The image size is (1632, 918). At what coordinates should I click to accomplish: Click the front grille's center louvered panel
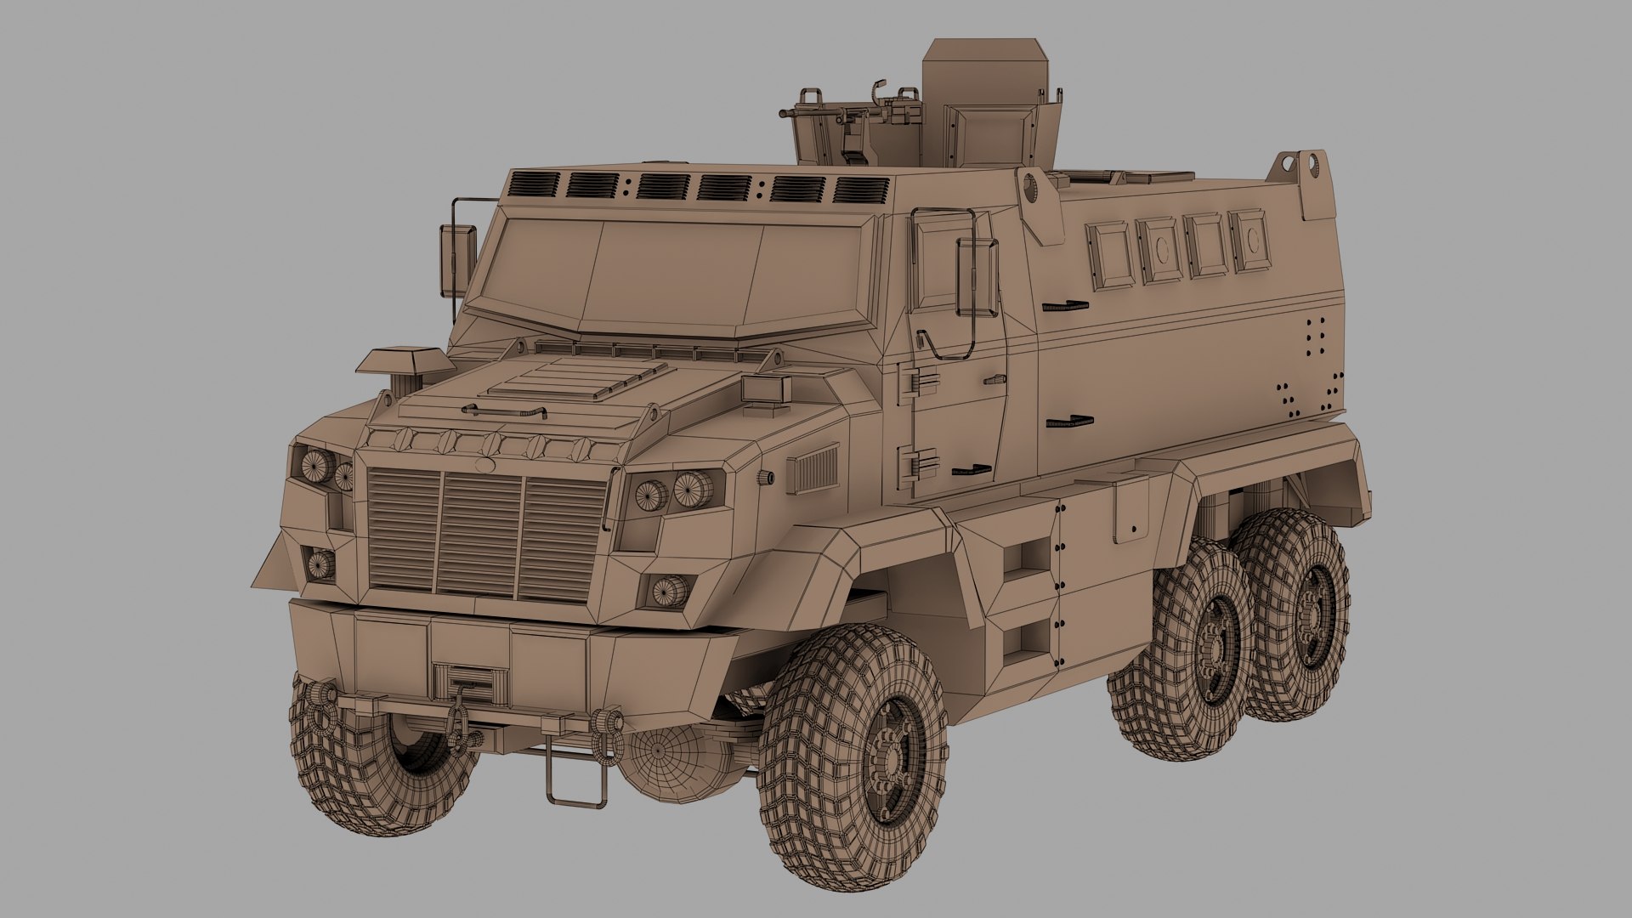[x=480, y=533]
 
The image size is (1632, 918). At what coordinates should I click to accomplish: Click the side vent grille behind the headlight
[x=813, y=471]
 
